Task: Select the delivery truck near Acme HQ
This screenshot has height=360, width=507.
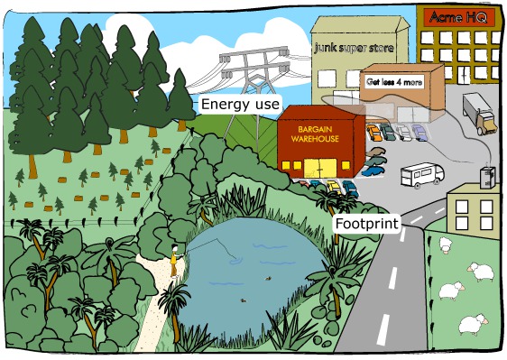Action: coord(479,115)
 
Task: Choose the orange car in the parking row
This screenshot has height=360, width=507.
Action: coord(373,132)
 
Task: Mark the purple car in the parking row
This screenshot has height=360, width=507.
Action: coord(419,133)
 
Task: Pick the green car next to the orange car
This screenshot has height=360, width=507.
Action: coord(389,133)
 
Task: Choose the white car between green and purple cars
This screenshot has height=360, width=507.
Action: coord(404,133)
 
